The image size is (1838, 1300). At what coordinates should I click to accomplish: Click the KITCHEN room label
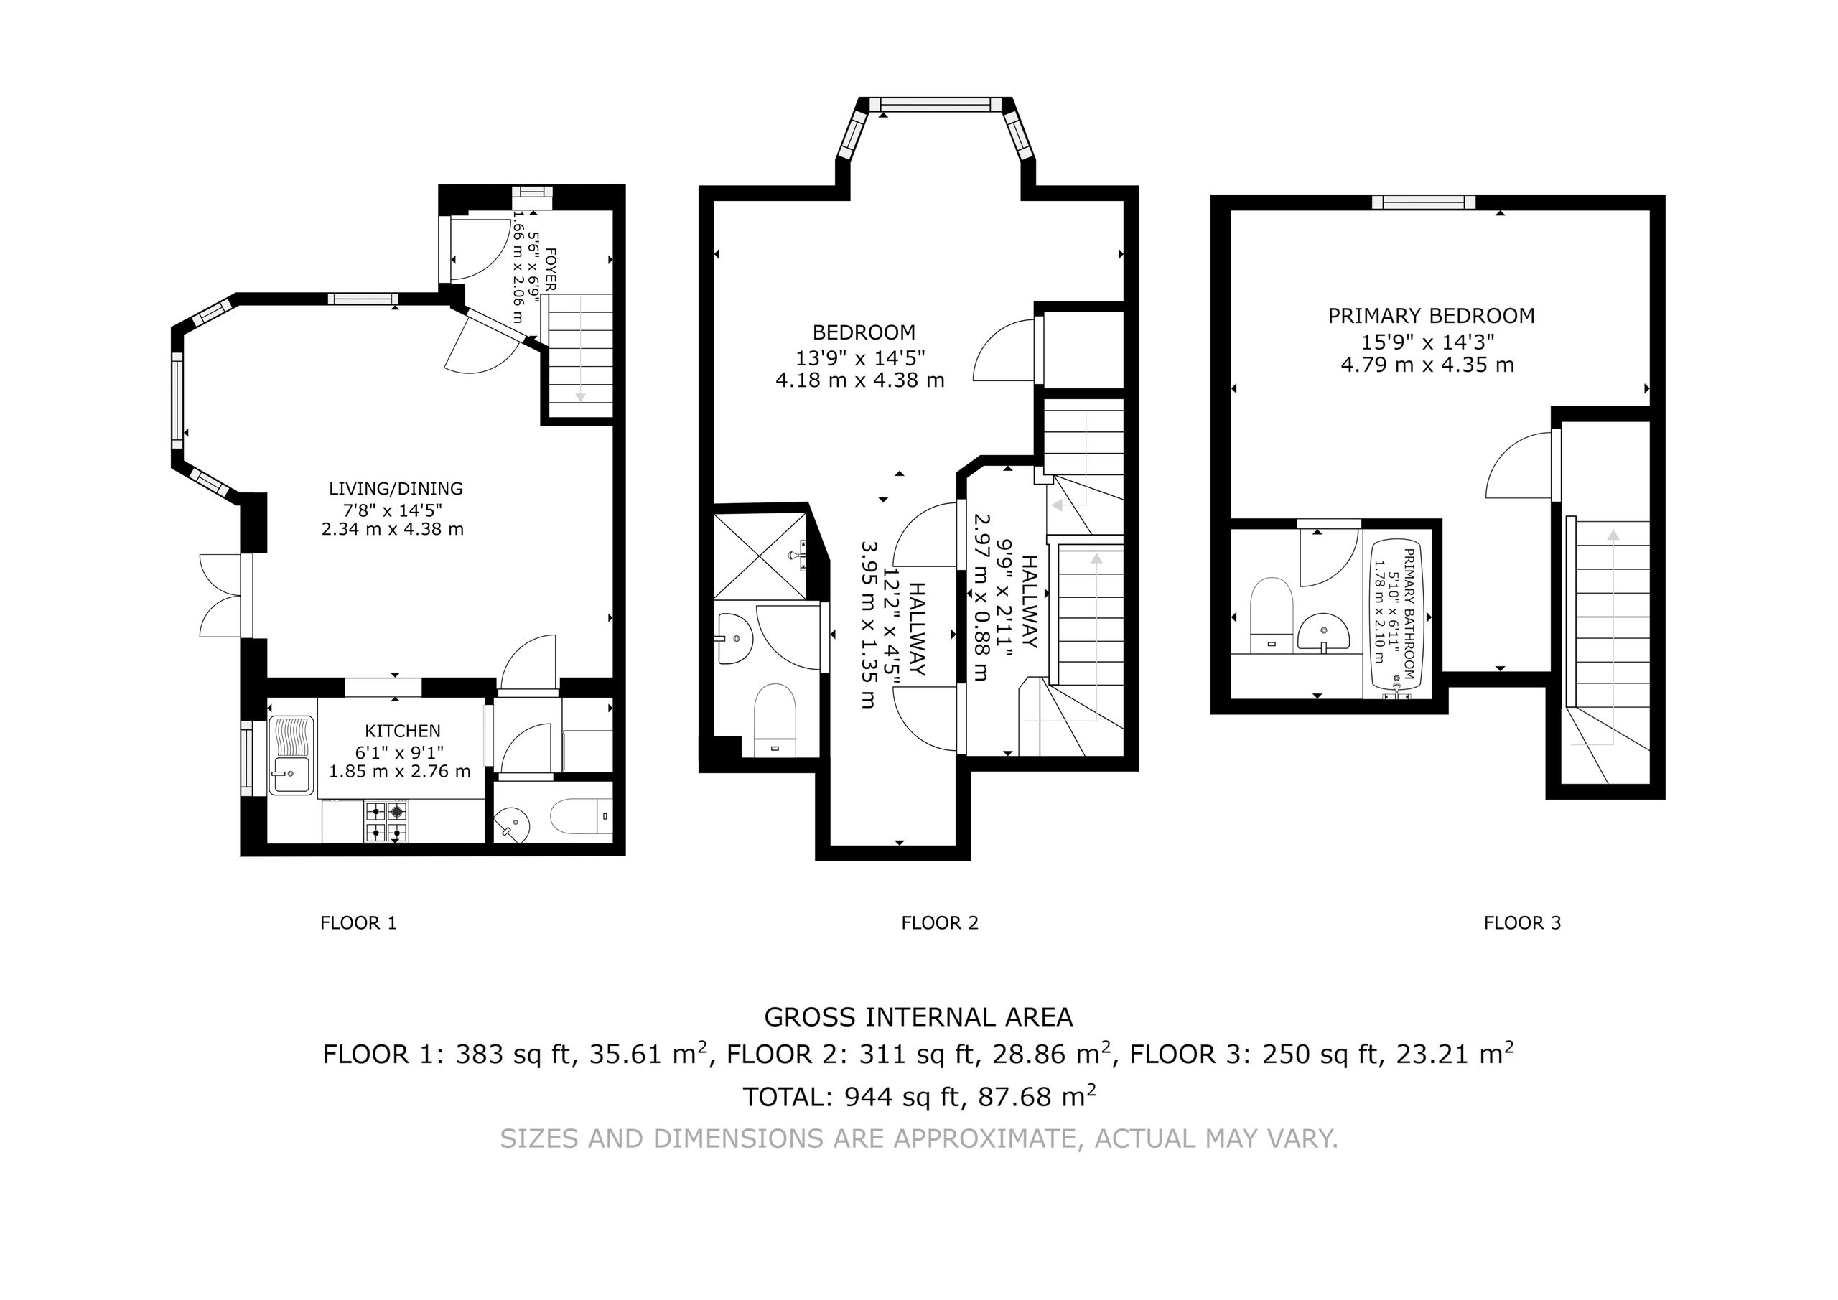403,731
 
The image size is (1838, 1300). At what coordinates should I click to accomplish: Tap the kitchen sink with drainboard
291,754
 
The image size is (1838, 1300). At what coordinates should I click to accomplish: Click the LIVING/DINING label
396,488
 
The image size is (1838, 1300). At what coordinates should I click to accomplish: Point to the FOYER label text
550,268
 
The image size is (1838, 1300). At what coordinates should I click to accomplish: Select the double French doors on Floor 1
220,595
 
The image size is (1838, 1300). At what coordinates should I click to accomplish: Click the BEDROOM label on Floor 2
864,332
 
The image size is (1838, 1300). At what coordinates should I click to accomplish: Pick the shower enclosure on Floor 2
760,556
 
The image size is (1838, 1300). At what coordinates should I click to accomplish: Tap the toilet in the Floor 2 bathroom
774,719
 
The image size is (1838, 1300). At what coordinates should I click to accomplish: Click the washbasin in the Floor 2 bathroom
734,639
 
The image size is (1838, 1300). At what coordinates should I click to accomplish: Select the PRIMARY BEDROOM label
1432,316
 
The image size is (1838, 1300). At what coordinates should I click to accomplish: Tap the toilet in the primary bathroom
1272,614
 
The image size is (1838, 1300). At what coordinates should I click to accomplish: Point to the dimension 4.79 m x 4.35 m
1427,365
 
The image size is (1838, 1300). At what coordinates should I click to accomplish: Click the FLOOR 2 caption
940,923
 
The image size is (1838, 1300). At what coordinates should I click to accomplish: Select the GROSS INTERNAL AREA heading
918,1017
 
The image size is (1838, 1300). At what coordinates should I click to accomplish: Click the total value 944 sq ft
901,1096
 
